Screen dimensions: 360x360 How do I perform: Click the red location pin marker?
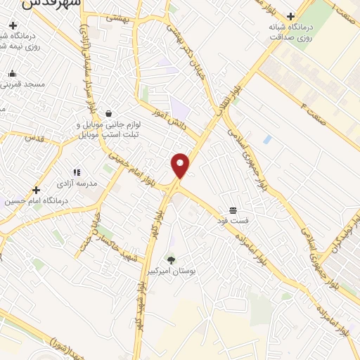pyautogui.click(x=181, y=165)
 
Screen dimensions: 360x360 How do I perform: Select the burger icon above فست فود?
pyautogui.click(x=233, y=210)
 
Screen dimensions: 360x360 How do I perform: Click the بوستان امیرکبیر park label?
pyautogui.click(x=171, y=271)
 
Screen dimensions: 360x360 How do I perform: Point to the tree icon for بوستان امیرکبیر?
pyautogui.click(x=171, y=260)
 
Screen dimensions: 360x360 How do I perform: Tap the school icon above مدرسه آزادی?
pyautogui.click(x=77, y=172)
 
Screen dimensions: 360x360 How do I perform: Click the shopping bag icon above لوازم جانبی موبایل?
pyautogui.click(x=108, y=113)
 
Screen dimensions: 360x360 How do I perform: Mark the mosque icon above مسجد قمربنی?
pyautogui.click(x=12, y=73)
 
